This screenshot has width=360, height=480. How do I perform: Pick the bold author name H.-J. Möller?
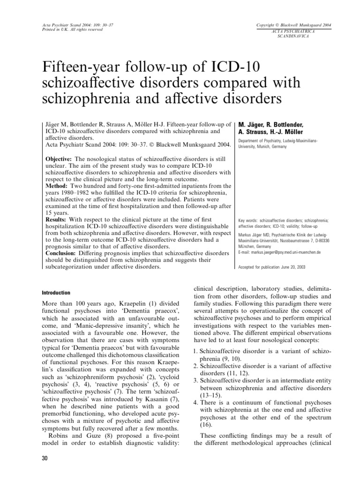pyautogui.click(x=288, y=132)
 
